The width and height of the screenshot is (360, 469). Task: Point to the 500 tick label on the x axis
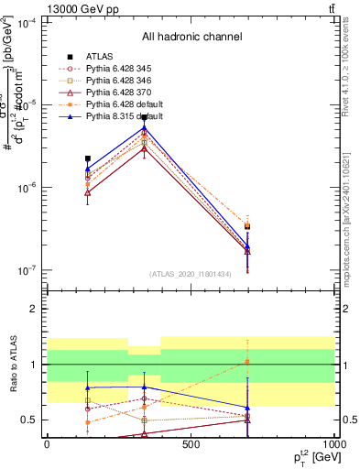tap(191, 444)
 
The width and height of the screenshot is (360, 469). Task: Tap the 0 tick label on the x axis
tap(47, 444)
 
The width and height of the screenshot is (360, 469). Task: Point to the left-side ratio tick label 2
tap(33, 310)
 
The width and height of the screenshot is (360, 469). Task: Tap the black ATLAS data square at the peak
tap(145, 118)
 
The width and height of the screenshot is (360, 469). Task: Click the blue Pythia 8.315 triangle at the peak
tap(145, 127)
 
